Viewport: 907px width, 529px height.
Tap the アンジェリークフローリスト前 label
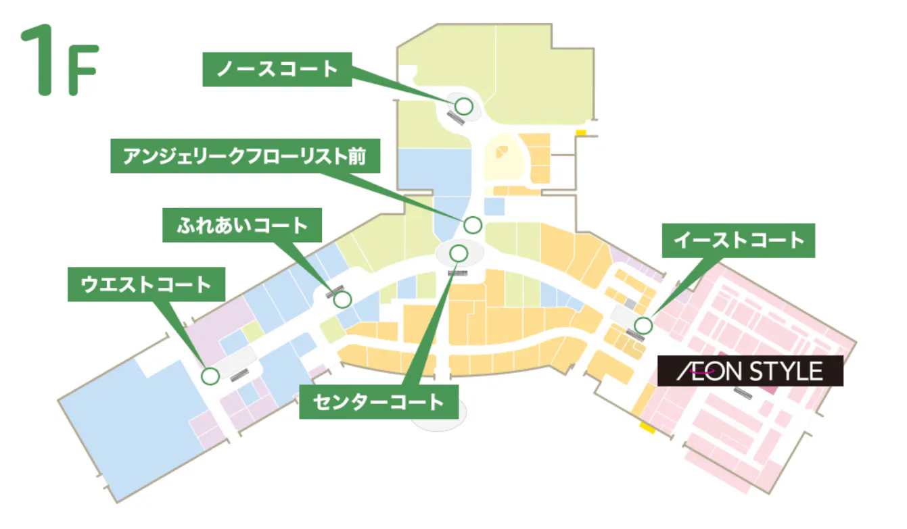[x=244, y=158]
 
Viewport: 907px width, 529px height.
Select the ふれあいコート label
[x=242, y=225]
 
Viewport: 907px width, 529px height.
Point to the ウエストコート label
[x=145, y=284]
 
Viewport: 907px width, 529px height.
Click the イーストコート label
[x=738, y=240]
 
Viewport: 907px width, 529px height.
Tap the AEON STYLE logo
[x=750, y=371]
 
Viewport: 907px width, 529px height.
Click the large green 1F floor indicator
[x=60, y=62]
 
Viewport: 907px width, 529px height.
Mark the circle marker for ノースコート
[x=463, y=106]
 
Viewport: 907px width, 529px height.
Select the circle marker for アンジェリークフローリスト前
[x=472, y=224]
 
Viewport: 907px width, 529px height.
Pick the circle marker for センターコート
[x=459, y=253]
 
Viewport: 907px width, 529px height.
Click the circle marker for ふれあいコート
[x=343, y=299]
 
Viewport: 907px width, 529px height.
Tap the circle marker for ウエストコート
[x=210, y=376]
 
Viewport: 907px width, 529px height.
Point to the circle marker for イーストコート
[x=643, y=326]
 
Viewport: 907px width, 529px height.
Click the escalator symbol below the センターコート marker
[x=458, y=273]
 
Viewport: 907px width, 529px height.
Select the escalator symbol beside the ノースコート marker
[x=456, y=118]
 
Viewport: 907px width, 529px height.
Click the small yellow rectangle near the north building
[x=580, y=132]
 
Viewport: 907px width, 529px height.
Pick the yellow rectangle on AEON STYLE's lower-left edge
[x=647, y=428]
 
